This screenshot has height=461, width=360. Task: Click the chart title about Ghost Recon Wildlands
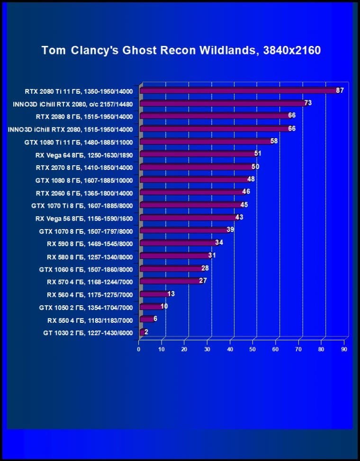(181, 50)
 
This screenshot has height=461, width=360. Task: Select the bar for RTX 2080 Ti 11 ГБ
(237, 90)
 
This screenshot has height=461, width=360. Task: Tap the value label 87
(340, 90)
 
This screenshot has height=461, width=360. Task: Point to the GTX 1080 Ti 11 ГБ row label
(79, 142)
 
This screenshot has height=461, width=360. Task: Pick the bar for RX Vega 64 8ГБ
(197, 154)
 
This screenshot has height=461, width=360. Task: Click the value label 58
(274, 141)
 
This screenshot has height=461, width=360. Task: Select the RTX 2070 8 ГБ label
(84, 167)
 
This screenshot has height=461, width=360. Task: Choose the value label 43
(239, 217)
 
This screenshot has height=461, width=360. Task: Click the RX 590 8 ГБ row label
(90, 244)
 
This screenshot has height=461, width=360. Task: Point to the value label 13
(171, 294)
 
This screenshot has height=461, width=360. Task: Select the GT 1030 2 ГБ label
(88, 333)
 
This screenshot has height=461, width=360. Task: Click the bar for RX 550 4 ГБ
(146, 320)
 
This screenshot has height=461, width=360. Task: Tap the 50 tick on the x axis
(252, 349)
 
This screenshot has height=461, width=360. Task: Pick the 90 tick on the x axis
(344, 349)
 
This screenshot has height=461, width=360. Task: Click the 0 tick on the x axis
(139, 349)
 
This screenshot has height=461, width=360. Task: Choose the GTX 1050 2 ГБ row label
(86, 308)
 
